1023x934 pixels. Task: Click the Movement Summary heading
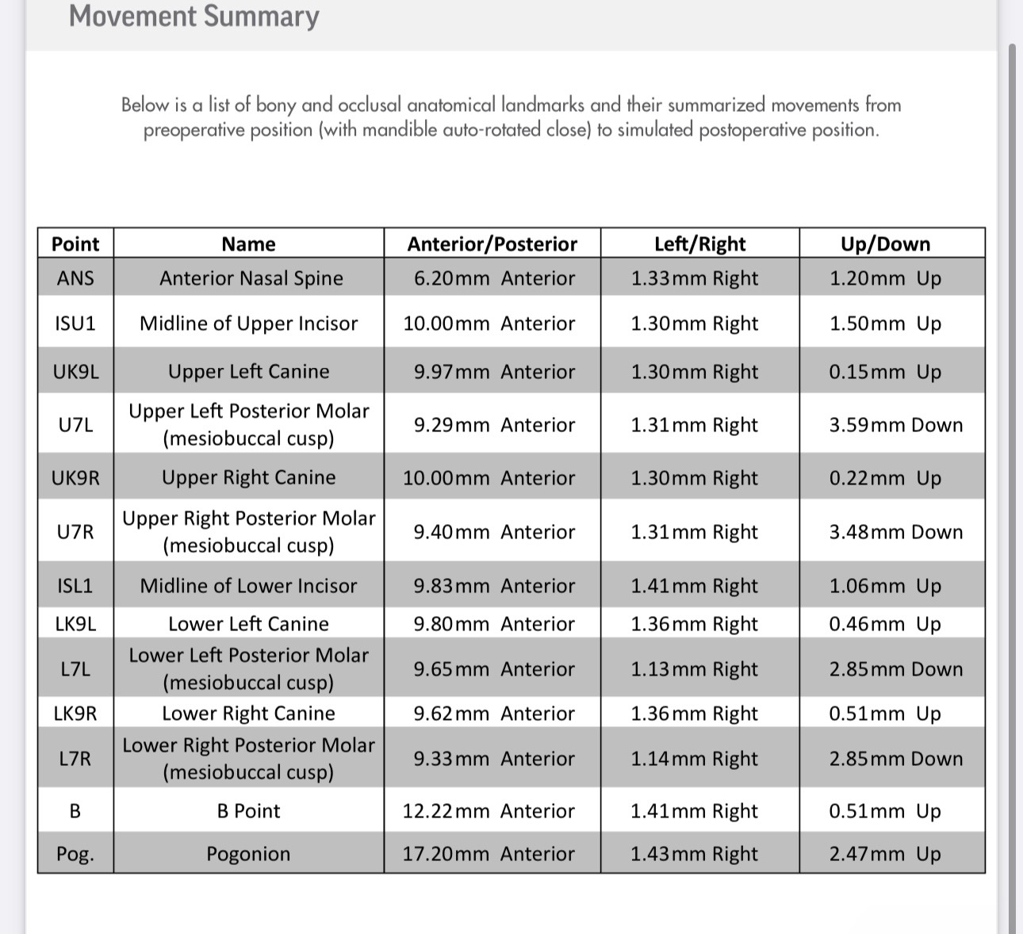pos(193,16)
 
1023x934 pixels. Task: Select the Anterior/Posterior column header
pos(492,244)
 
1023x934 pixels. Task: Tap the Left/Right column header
pos(699,244)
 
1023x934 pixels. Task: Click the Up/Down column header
pos(885,244)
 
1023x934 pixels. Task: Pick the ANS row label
pos(75,278)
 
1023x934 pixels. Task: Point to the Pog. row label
pos(75,854)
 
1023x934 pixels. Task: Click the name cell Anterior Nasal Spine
pos(251,278)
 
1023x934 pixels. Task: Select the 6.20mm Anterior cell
pos(494,278)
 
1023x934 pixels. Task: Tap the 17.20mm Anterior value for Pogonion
pos(489,854)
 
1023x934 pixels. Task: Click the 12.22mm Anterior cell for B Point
pos(489,811)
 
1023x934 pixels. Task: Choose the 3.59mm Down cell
pos(896,425)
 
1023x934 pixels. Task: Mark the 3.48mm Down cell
pos(896,532)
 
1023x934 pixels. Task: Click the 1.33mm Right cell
pos(695,278)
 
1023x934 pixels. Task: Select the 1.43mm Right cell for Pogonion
pos(695,854)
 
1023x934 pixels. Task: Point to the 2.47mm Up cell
pos(885,854)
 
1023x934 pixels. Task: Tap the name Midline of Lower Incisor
pos(248,586)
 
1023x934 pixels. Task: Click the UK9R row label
pos(75,478)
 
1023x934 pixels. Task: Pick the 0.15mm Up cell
pos(885,372)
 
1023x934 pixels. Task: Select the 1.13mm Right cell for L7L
pos(695,669)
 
